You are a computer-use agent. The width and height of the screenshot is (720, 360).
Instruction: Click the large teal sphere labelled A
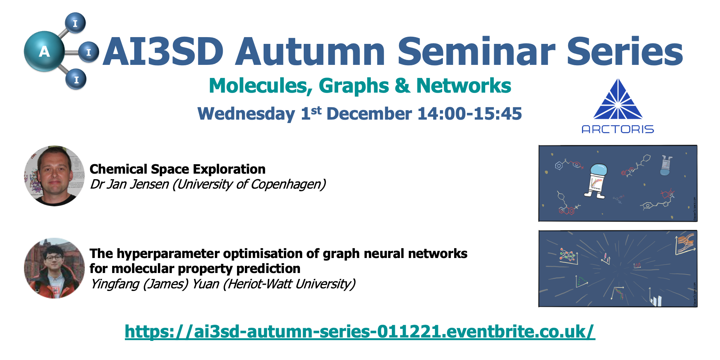pos(44,51)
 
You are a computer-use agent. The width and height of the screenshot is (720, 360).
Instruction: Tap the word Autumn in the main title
pos(310,52)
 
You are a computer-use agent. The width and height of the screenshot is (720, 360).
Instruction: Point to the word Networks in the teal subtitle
pos(463,86)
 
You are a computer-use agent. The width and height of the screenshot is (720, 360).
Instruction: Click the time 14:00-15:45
pos(469,114)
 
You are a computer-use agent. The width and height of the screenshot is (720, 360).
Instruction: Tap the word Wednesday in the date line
pos(246,114)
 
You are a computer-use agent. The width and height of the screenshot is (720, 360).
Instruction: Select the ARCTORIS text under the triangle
pos(618,129)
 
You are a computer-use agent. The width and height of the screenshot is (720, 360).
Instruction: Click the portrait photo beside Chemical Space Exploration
pos(54,176)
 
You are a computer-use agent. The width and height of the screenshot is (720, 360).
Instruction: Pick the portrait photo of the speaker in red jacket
pos(54,268)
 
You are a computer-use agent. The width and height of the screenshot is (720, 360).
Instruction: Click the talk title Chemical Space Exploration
pos(177,169)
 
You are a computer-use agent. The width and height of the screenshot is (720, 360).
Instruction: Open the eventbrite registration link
pos(360,332)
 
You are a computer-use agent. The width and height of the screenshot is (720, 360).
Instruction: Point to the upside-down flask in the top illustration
pos(666,165)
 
